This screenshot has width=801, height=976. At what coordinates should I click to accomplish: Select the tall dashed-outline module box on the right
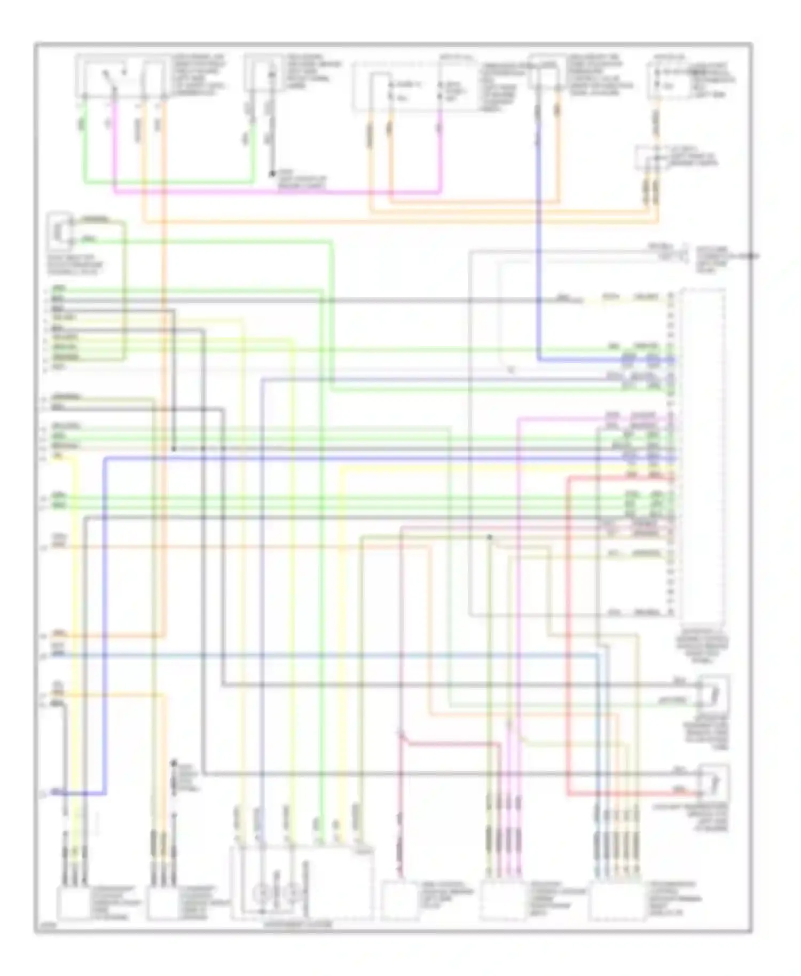pyautogui.click(x=703, y=454)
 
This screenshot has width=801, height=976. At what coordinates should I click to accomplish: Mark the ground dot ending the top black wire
pyautogui.click(x=271, y=174)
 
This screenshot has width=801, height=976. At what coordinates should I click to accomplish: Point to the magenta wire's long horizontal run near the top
pyautogui.click(x=278, y=192)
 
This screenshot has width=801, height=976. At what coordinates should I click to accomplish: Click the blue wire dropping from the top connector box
pyautogui.click(x=538, y=240)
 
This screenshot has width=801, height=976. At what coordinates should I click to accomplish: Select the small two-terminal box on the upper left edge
pyautogui.click(x=60, y=232)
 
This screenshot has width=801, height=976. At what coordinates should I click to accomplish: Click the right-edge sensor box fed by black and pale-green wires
pyautogui.click(x=714, y=692)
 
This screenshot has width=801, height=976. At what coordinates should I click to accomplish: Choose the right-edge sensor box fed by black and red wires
pyautogui.click(x=714, y=781)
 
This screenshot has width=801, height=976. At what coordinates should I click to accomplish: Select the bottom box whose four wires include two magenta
pyautogui.click(x=502, y=901)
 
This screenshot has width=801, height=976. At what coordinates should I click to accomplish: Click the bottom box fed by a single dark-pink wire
pyautogui.click(x=399, y=901)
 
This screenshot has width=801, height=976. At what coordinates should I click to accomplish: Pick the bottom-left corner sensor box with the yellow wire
pyautogui.click(x=74, y=903)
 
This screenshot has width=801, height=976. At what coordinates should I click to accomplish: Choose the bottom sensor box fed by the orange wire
pyautogui.click(x=163, y=903)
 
